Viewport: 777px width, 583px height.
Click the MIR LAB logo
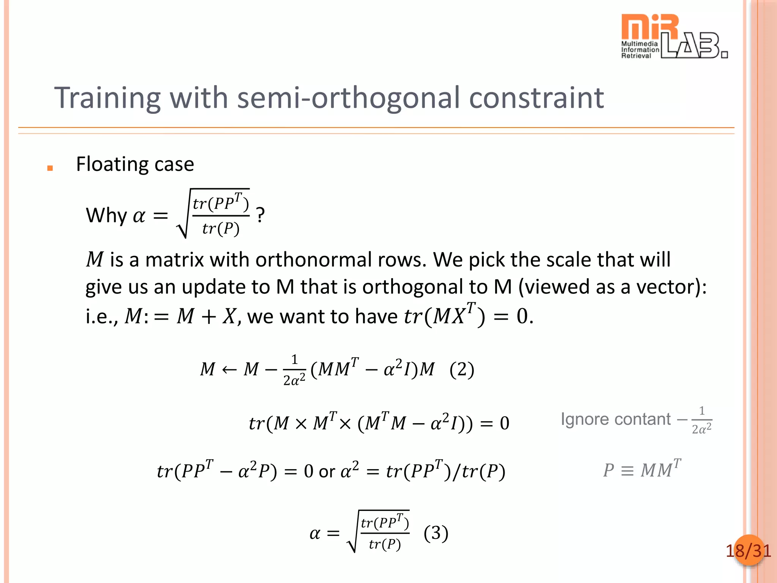[673, 36]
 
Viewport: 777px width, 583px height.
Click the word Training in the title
[107, 98]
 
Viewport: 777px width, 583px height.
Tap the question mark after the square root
[260, 215]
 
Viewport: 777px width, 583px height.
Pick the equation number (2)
[462, 369]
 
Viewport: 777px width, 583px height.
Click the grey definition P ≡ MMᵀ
[642, 470]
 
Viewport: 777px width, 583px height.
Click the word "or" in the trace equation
[327, 472]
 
